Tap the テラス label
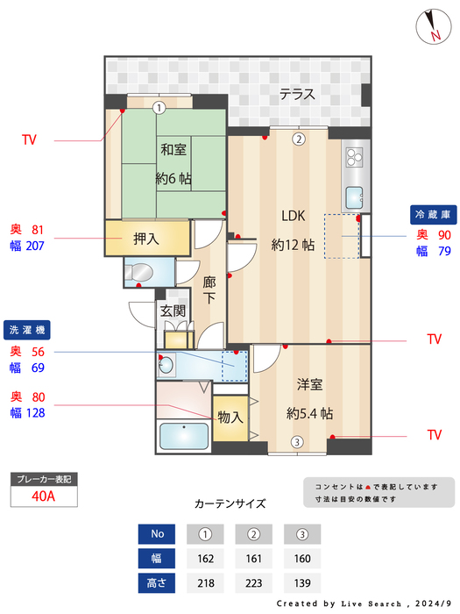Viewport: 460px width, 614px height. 297,95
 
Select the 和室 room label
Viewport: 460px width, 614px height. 173,150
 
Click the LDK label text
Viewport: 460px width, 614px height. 293,217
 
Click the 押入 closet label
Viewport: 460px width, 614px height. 146,238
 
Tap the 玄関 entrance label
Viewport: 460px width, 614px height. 172,311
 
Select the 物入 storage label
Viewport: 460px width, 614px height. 230,418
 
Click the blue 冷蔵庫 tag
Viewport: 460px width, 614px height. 433,214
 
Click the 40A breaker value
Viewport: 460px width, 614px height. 44,496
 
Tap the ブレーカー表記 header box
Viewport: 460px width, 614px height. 44,479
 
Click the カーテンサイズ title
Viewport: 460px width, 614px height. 230,504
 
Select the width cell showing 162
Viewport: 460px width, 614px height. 206,558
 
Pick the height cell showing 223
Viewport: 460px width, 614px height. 254,582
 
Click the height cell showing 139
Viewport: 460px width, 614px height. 302,582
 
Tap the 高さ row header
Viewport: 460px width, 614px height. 158,582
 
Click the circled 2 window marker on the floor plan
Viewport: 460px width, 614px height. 298,139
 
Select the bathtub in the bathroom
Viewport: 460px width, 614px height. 182,435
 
